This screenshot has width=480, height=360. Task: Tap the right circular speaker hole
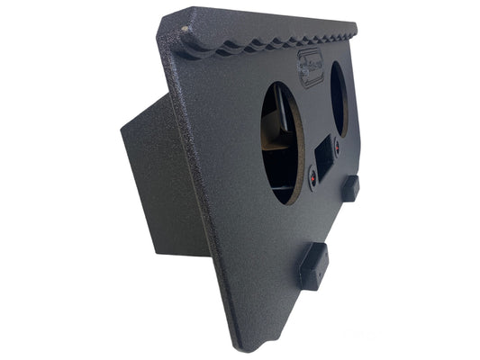[340, 99]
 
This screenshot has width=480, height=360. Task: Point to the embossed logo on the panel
[312, 64]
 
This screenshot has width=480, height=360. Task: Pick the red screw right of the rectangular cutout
[340, 143]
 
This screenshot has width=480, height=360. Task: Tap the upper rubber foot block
[350, 188]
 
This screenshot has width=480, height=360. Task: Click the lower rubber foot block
[312, 265]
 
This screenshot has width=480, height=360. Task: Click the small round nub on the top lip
[186, 30]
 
